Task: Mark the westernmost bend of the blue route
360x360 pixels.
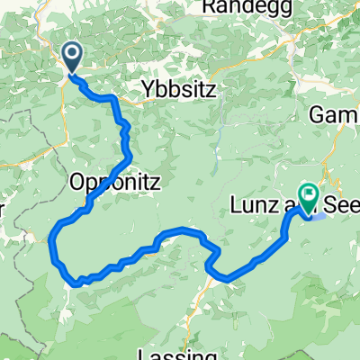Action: click(52, 241)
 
